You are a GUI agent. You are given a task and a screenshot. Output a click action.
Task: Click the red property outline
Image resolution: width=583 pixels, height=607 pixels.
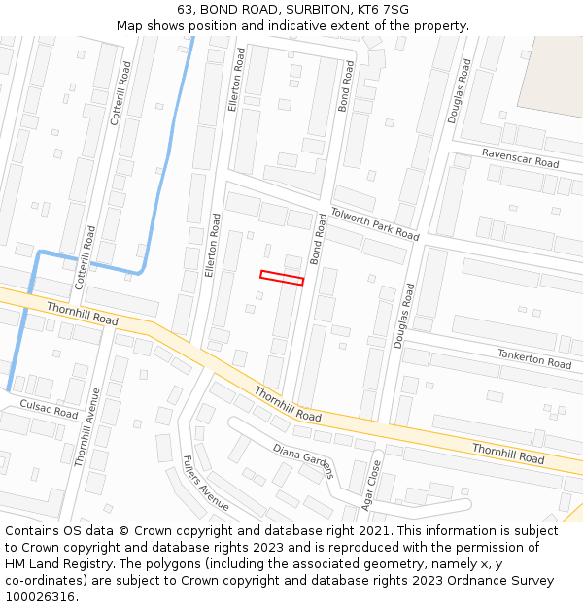tap(282, 278)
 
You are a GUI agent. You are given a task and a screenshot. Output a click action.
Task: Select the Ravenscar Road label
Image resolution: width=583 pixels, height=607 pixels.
tap(521, 158)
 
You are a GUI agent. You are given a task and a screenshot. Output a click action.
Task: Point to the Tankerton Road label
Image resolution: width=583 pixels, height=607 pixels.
tap(534, 358)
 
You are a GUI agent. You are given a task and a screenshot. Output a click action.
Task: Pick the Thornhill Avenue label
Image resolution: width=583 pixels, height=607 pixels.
tap(87, 427)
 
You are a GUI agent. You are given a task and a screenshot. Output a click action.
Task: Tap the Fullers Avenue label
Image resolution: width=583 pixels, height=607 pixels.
tap(205, 483)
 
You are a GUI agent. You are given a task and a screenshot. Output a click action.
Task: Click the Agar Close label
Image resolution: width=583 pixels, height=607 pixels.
tap(370, 485)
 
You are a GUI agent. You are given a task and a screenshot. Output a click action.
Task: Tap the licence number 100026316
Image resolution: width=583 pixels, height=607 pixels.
tap(39, 597)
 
